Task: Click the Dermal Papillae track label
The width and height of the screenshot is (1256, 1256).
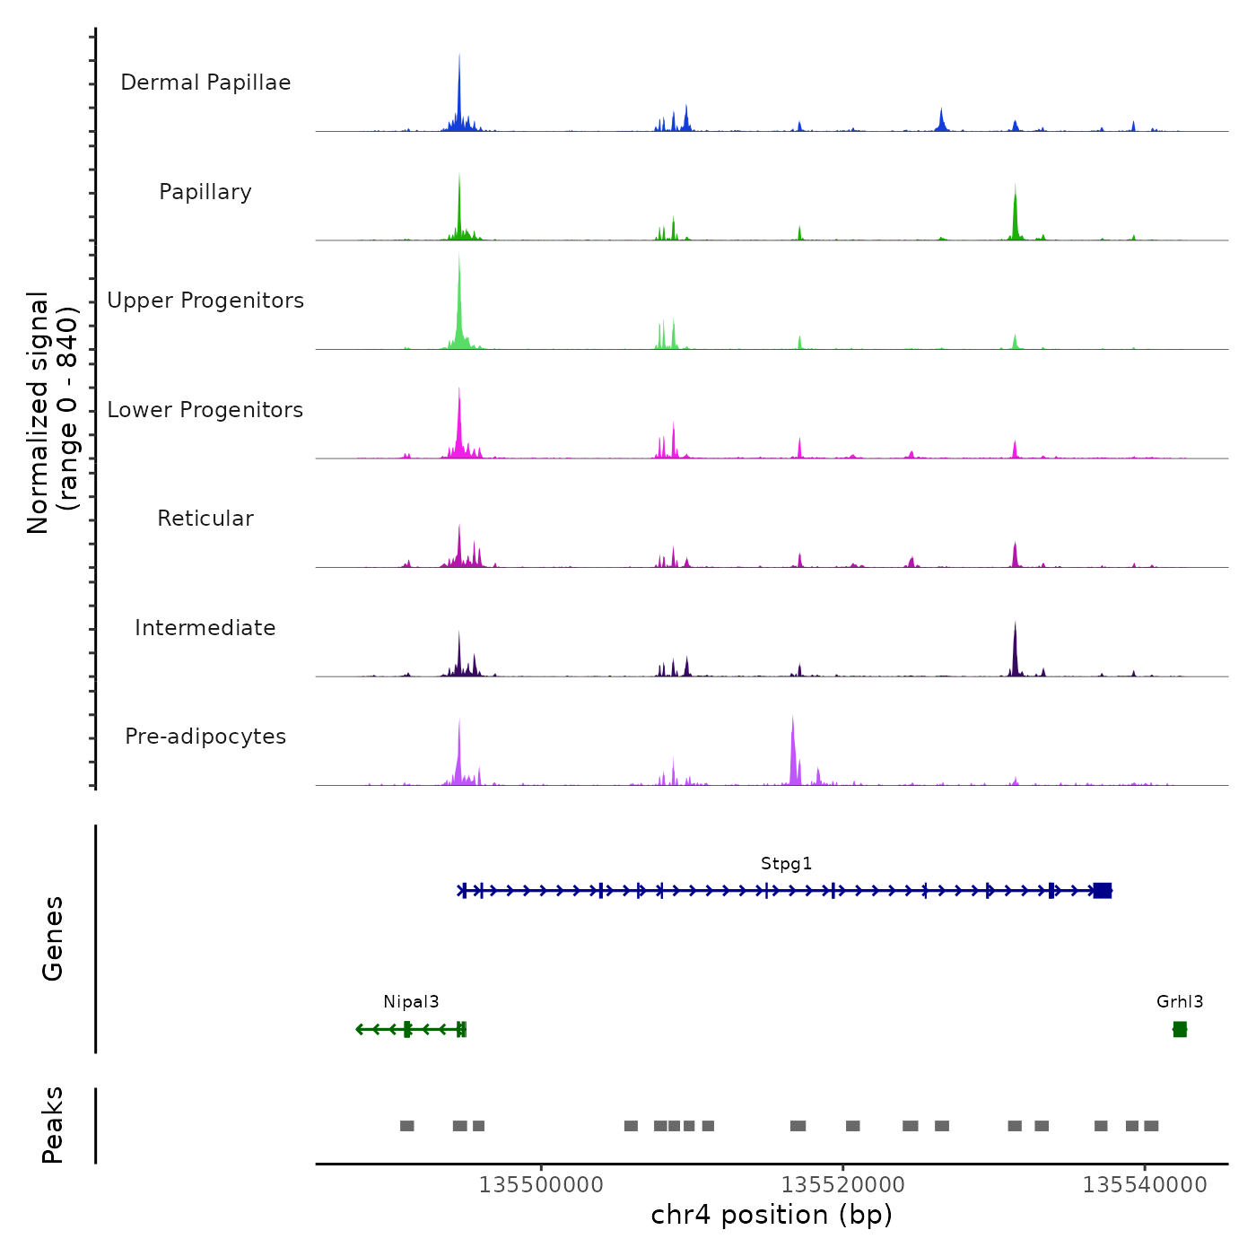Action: click(205, 83)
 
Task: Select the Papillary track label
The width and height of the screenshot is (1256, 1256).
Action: click(205, 192)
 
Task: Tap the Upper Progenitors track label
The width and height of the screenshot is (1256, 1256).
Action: click(205, 301)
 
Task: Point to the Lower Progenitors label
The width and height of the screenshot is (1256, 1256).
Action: click(205, 410)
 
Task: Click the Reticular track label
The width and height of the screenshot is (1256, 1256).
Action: click(205, 519)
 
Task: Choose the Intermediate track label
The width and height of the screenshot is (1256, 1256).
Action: click(205, 628)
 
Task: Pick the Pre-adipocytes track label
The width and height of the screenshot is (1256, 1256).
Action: click(205, 737)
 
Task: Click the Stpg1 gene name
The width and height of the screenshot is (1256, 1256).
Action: click(786, 864)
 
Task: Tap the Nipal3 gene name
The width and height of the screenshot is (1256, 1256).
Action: click(411, 1002)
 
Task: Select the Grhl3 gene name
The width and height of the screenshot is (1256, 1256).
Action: click(1180, 1002)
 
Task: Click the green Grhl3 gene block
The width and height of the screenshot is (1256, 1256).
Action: click(1180, 1029)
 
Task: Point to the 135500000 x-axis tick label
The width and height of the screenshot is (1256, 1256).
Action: click(541, 1185)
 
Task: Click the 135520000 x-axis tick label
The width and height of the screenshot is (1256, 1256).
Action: click(843, 1185)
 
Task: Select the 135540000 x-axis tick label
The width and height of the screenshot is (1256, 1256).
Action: click(1145, 1185)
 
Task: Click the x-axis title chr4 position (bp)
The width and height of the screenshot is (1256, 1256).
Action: click(772, 1215)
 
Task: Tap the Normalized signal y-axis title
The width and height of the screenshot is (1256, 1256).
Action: click(52, 413)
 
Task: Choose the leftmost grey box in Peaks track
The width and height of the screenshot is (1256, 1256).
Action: click(407, 1126)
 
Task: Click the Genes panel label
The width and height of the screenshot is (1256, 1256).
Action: click(53, 938)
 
